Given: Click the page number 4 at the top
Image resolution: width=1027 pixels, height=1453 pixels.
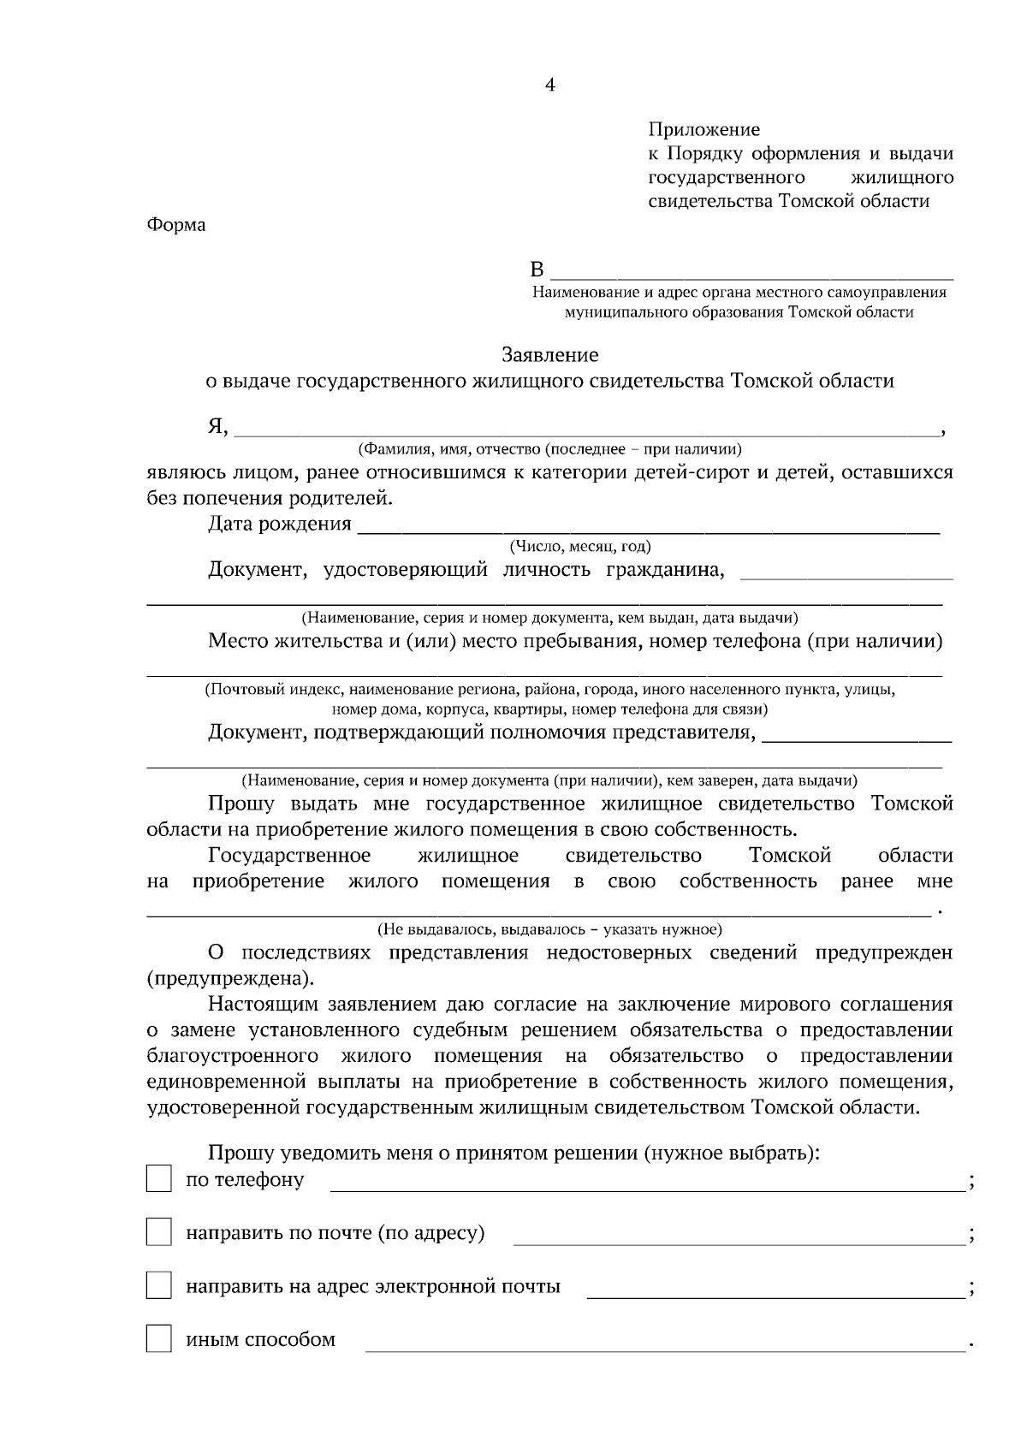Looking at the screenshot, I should [549, 86].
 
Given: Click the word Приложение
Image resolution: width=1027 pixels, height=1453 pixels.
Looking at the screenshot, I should [703, 130].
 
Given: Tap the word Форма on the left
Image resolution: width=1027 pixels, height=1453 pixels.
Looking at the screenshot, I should [176, 226].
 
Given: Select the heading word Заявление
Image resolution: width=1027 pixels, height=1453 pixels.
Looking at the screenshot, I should [549, 355].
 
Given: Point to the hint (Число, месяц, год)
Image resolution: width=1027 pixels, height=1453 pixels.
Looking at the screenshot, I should [580, 547].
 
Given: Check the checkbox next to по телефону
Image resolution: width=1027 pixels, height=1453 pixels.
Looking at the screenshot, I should [158, 1179].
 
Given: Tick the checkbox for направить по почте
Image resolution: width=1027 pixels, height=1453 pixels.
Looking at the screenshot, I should [158, 1232].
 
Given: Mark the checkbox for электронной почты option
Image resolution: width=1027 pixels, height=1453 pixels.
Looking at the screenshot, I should [158, 1285].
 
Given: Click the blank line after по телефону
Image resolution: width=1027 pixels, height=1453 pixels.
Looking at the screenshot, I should [647, 1189].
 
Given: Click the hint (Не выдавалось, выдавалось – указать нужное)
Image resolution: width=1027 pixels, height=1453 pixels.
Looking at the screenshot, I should [549, 929].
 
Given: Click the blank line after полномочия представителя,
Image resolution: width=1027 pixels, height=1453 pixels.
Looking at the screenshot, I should [856, 738].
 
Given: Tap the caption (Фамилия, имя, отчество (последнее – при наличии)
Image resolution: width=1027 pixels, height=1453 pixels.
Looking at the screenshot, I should [549, 449].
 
